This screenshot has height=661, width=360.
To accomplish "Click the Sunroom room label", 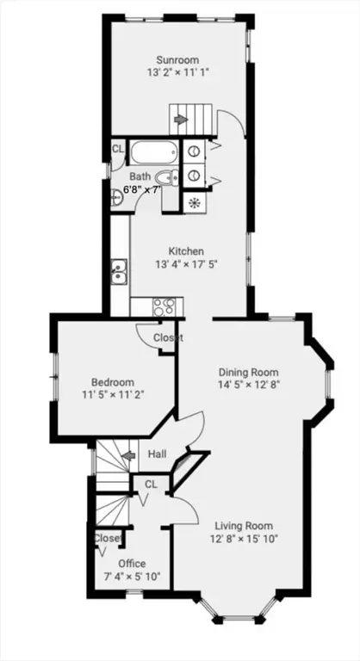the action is coord(177,60).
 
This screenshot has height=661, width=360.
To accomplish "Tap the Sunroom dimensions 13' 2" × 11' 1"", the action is coord(178,72).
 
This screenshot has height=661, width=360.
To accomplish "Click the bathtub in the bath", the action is coord(153,153).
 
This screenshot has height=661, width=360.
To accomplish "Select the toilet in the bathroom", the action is coord(167,178).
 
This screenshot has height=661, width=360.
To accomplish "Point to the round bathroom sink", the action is coord(115,197).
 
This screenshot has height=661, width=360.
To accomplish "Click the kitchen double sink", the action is coord(119,271).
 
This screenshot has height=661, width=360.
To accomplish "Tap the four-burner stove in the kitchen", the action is coord(164,306).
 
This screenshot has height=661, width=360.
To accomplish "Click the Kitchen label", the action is coord(186,251).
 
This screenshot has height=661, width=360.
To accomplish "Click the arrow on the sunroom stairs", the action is coord(181,120).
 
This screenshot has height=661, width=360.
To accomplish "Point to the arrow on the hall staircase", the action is coord(127,455).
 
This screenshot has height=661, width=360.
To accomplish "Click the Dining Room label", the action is coord(249,372).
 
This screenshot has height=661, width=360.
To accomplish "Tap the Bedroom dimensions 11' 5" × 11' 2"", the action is coord(113,394).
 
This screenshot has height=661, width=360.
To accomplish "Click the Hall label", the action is coord(157,454).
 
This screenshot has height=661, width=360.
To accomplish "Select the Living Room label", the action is coord(244,526).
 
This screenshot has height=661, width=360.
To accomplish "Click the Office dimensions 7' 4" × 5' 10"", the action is coord(132,576).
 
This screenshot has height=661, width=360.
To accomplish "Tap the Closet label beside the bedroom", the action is coord(168,337).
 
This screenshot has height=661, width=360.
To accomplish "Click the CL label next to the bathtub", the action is coord(118,148).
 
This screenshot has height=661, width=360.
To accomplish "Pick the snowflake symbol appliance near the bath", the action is coord(195,203).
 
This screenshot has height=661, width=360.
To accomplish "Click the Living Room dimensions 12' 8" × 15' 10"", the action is coord(244,538).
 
